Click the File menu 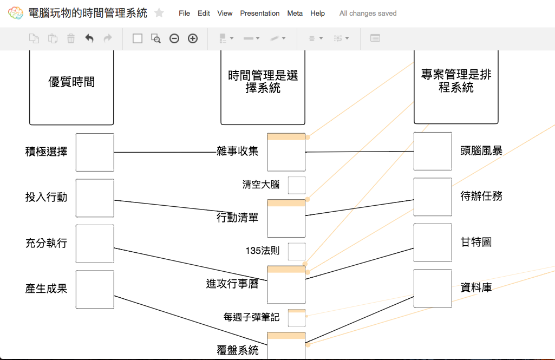pyautogui.click(x=184, y=13)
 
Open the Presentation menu pyautogui.click(x=260, y=13)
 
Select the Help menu pyautogui.click(x=318, y=13)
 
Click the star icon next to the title pyautogui.click(x=159, y=13)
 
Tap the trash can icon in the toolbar pyautogui.click(x=71, y=38)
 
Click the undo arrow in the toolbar pyautogui.click(x=89, y=38)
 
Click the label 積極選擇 pyautogui.click(x=46, y=152)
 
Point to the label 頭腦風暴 pyautogui.click(x=481, y=151)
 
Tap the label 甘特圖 pyautogui.click(x=476, y=242)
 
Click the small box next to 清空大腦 pyautogui.click(x=297, y=185)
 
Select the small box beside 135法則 pyautogui.click(x=297, y=252)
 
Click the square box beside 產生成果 pyautogui.click(x=95, y=290)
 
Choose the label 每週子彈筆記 pyautogui.click(x=251, y=317)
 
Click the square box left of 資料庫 pyautogui.click(x=433, y=288)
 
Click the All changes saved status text pyautogui.click(x=368, y=13)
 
